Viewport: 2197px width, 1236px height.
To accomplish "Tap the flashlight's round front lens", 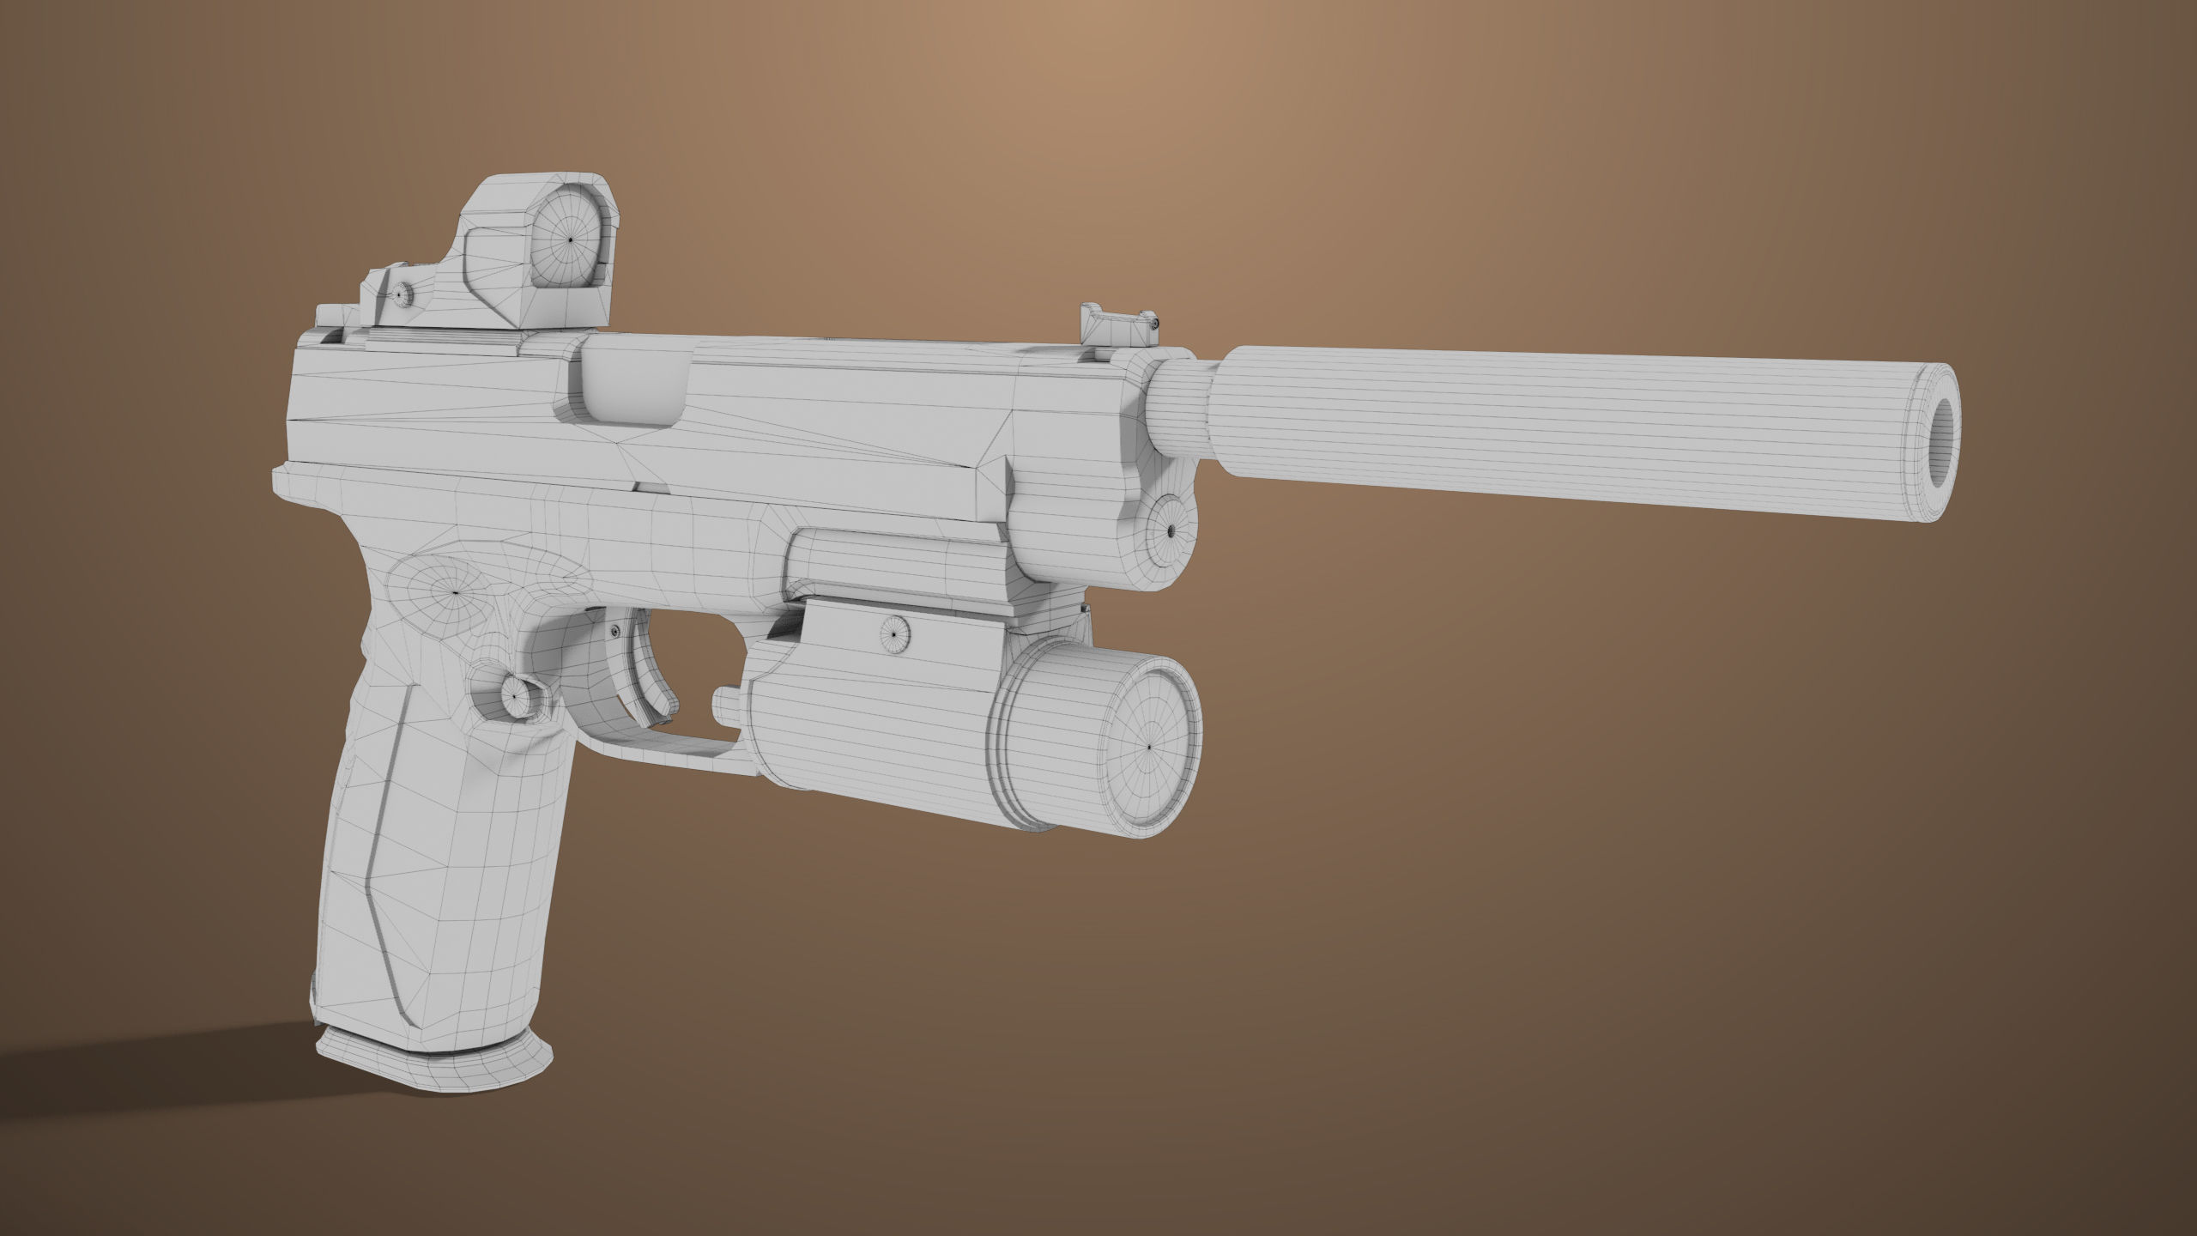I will click(1150, 746).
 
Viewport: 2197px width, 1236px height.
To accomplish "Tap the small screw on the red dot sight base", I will click(401, 294).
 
